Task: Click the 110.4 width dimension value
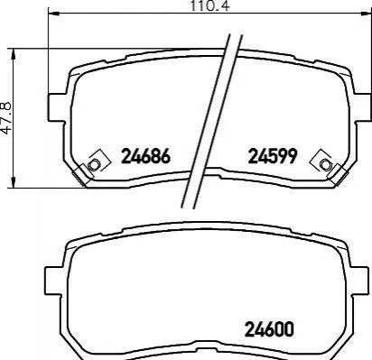[x=209, y=5]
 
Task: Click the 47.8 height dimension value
[x=6, y=117]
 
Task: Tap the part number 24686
[x=145, y=156]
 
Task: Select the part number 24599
[x=273, y=156]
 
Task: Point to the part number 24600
[x=269, y=329]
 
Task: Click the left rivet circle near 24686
[x=94, y=165]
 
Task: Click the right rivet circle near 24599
[x=325, y=164]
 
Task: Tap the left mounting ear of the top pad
[x=57, y=107]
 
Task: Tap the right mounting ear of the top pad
[x=363, y=107]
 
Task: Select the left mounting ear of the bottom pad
[x=54, y=281]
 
